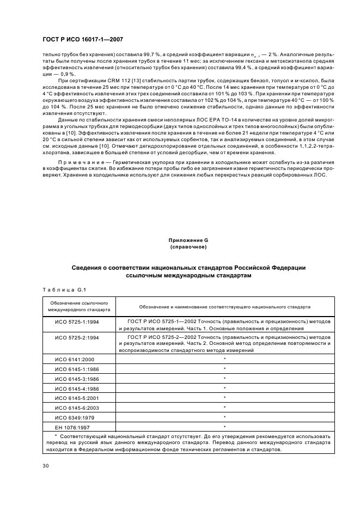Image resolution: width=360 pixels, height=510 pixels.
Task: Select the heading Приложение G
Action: point(188,240)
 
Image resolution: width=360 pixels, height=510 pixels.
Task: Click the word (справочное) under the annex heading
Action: point(188,247)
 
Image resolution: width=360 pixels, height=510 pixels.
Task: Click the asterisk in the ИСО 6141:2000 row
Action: point(224,359)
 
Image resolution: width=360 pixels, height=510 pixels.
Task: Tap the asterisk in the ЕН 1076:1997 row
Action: point(224,427)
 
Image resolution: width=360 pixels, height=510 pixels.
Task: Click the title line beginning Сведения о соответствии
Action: point(188,268)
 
